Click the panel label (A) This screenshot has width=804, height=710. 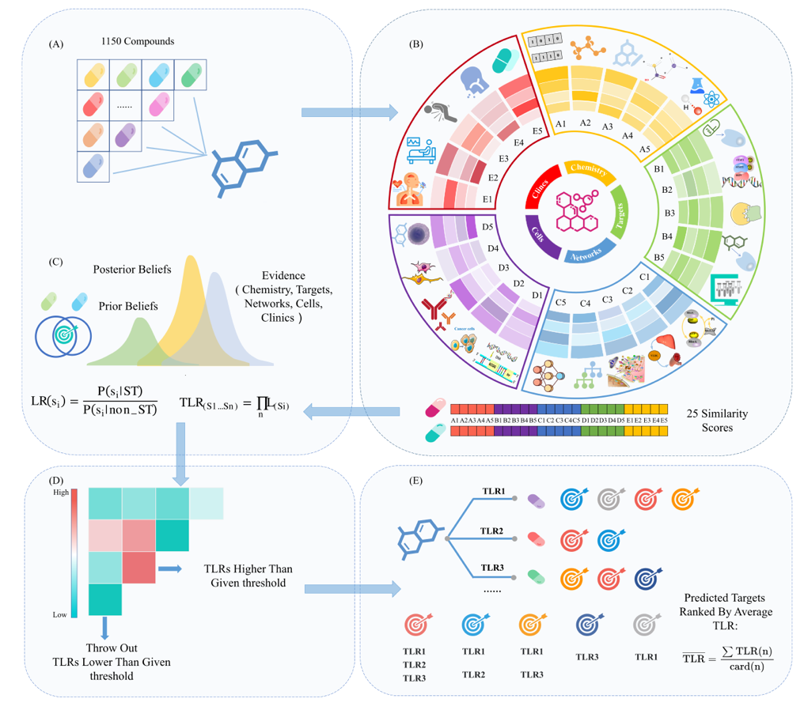[x=56, y=45]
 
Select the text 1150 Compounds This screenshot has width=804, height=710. [x=138, y=40]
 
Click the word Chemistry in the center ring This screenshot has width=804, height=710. [x=588, y=172]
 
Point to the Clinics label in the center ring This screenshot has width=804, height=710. [x=540, y=191]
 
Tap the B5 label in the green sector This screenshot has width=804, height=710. [x=658, y=257]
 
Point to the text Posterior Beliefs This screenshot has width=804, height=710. [x=131, y=269]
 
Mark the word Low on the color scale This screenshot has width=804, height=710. [x=60, y=614]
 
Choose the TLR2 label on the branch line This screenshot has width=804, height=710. [x=493, y=530]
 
